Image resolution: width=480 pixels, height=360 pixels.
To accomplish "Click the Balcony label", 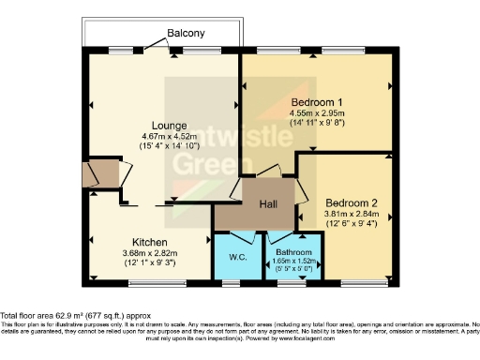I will pos(186,34).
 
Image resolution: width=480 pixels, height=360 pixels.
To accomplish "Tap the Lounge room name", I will pos(171,125).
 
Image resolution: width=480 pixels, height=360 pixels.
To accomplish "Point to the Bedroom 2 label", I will pos(352,202).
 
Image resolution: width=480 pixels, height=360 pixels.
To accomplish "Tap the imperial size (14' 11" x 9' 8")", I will pos(317,122).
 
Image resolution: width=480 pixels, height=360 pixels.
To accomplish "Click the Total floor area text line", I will pos(75,316).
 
